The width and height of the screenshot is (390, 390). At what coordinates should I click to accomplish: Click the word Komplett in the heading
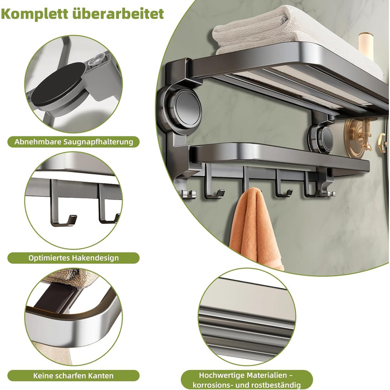tap(35, 14)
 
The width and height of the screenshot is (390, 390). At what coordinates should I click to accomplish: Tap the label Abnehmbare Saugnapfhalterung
tap(74, 142)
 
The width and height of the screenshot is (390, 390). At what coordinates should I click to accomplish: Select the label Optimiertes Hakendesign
tap(74, 258)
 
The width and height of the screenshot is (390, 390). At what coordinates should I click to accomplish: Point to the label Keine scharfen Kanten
tap(74, 376)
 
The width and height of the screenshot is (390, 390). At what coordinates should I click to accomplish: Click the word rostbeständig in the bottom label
tap(276, 385)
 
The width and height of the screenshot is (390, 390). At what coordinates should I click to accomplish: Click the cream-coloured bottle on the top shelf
tap(366, 46)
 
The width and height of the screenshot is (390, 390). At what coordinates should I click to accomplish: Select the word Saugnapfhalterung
tap(99, 142)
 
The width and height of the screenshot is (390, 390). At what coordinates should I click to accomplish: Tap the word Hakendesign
tap(95, 258)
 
